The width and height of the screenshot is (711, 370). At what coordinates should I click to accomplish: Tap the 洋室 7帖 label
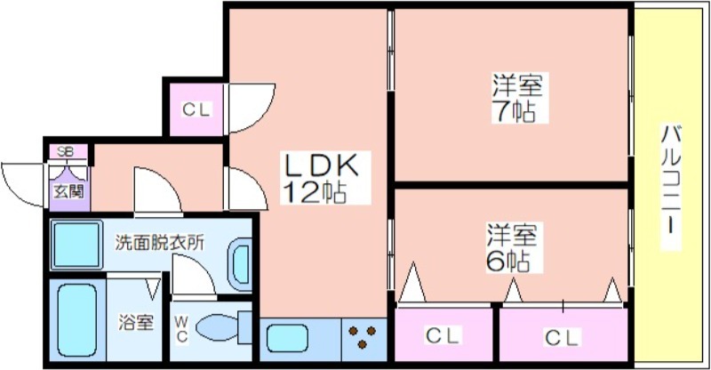pos(518,100)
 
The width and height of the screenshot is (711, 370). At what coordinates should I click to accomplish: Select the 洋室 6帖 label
pos(508,248)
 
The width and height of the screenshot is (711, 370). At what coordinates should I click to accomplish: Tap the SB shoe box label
pos(66,151)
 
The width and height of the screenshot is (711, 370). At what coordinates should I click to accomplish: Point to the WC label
pos(181,328)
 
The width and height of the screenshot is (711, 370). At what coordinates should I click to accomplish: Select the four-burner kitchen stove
pos(363,338)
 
